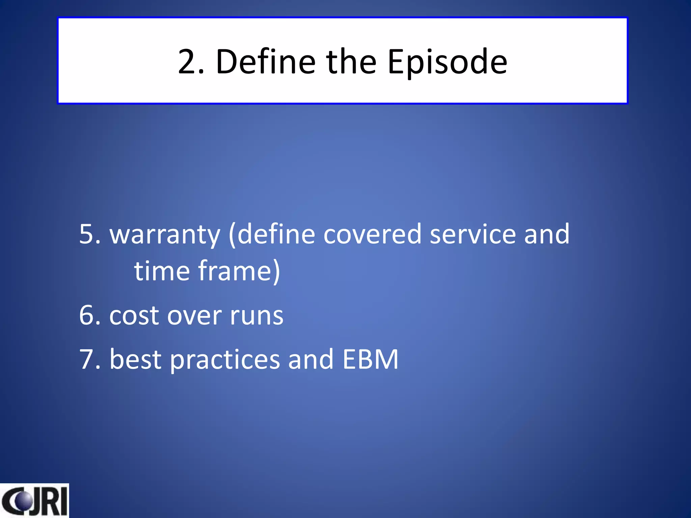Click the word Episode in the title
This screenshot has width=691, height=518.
[447, 62]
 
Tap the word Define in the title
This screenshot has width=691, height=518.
[266, 62]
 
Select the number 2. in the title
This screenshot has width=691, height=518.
[191, 62]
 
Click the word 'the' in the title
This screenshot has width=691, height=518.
[351, 62]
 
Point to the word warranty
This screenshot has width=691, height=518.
[165, 235]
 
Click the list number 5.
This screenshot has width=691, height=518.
[90, 234]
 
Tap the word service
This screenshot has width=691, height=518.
[473, 234]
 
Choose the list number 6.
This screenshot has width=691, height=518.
[90, 315]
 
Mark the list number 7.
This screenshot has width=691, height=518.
[90, 359]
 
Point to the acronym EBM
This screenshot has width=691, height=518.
[370, 359]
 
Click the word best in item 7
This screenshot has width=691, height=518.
[135, 359]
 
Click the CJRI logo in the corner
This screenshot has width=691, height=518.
[34, 501]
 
